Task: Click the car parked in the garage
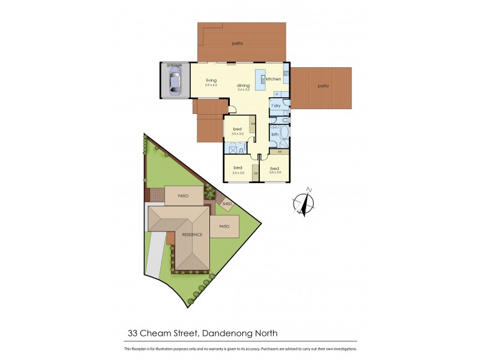click(x=175, y=80)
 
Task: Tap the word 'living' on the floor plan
click(x=211, y=80)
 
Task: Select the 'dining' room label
click(x=243, y=85)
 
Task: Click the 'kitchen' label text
click(x=274, y=79)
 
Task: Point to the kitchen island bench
click(x=260, y=80)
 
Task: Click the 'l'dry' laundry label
click(x=276, y=106)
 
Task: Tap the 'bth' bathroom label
click(x=275, y=134)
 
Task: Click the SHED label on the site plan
click(x=227, y=204)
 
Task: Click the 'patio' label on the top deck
click(x=238, y=43)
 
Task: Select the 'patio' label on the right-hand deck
click(x=323, y=86)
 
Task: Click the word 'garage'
click(x=174, y=64)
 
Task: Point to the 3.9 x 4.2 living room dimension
click(x=211, y=85)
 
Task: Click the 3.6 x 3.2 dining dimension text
click(x=243, y=89)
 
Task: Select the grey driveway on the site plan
click(x=154, y=255)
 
